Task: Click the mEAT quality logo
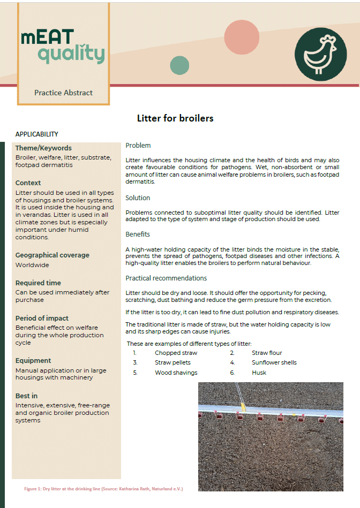point(63,47)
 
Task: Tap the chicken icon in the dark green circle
point(321,54)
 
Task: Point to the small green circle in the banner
point(179,65)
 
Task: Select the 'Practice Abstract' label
point(63,93)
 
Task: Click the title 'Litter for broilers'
point(175,118)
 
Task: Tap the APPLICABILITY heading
point(37,134)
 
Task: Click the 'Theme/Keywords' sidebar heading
point(43,148)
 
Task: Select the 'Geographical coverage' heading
point(52,255)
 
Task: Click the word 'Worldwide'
point(32,265)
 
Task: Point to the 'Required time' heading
point(38,283)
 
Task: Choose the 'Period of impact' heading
point(42,319)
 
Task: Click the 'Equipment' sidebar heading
point(33,361)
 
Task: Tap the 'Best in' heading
point(27,396)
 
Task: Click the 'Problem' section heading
point(138,146)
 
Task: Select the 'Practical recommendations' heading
point(166,278)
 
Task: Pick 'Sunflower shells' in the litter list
point(274,363)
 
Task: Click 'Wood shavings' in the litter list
point(176,373)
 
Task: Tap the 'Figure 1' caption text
point(103,489)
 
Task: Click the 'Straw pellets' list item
point(172,363)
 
